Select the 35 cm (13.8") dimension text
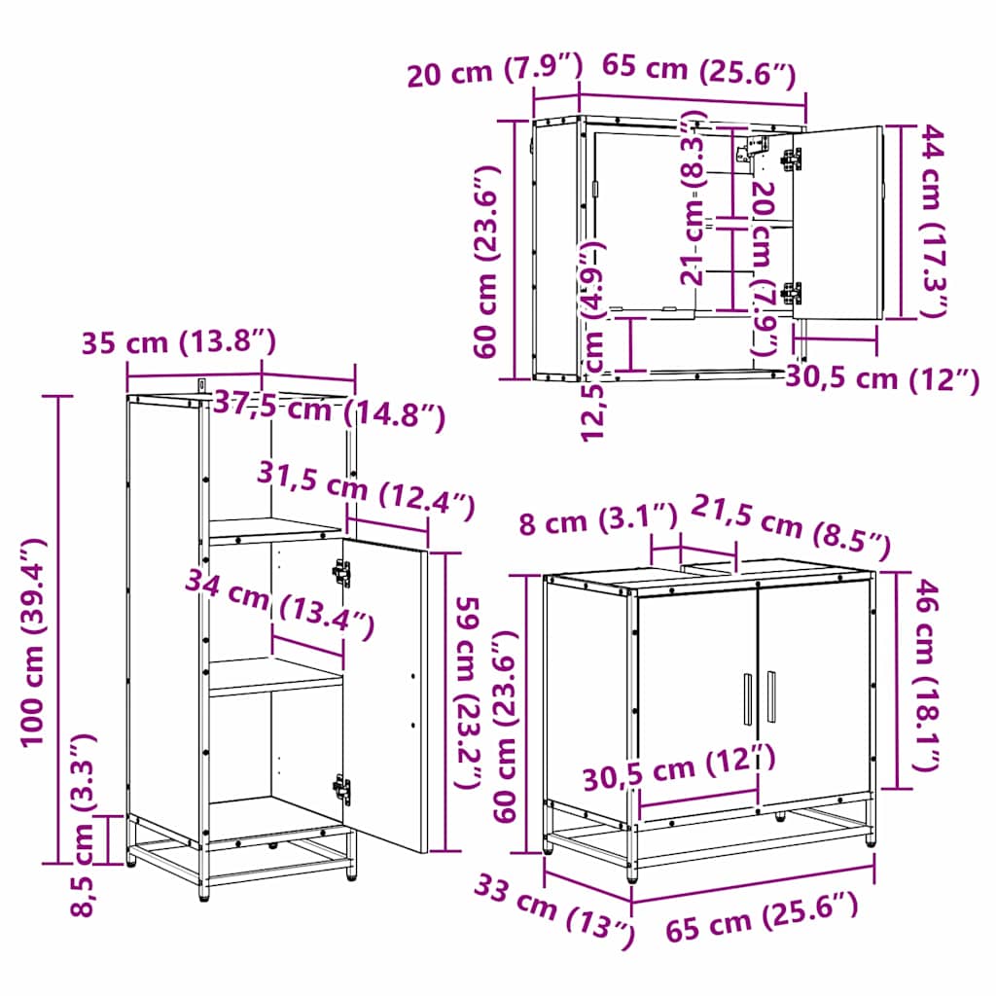(x=179, y=341)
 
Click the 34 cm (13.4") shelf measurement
(x=279, y=605)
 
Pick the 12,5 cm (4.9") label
(x=595, y=340)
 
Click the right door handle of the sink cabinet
(x=771, y=696)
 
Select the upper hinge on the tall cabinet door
(x=341, y=573)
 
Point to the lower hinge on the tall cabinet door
(x=341, y=788)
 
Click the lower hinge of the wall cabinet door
(x=792, y=292)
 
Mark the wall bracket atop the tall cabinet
(x=202, y=386)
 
